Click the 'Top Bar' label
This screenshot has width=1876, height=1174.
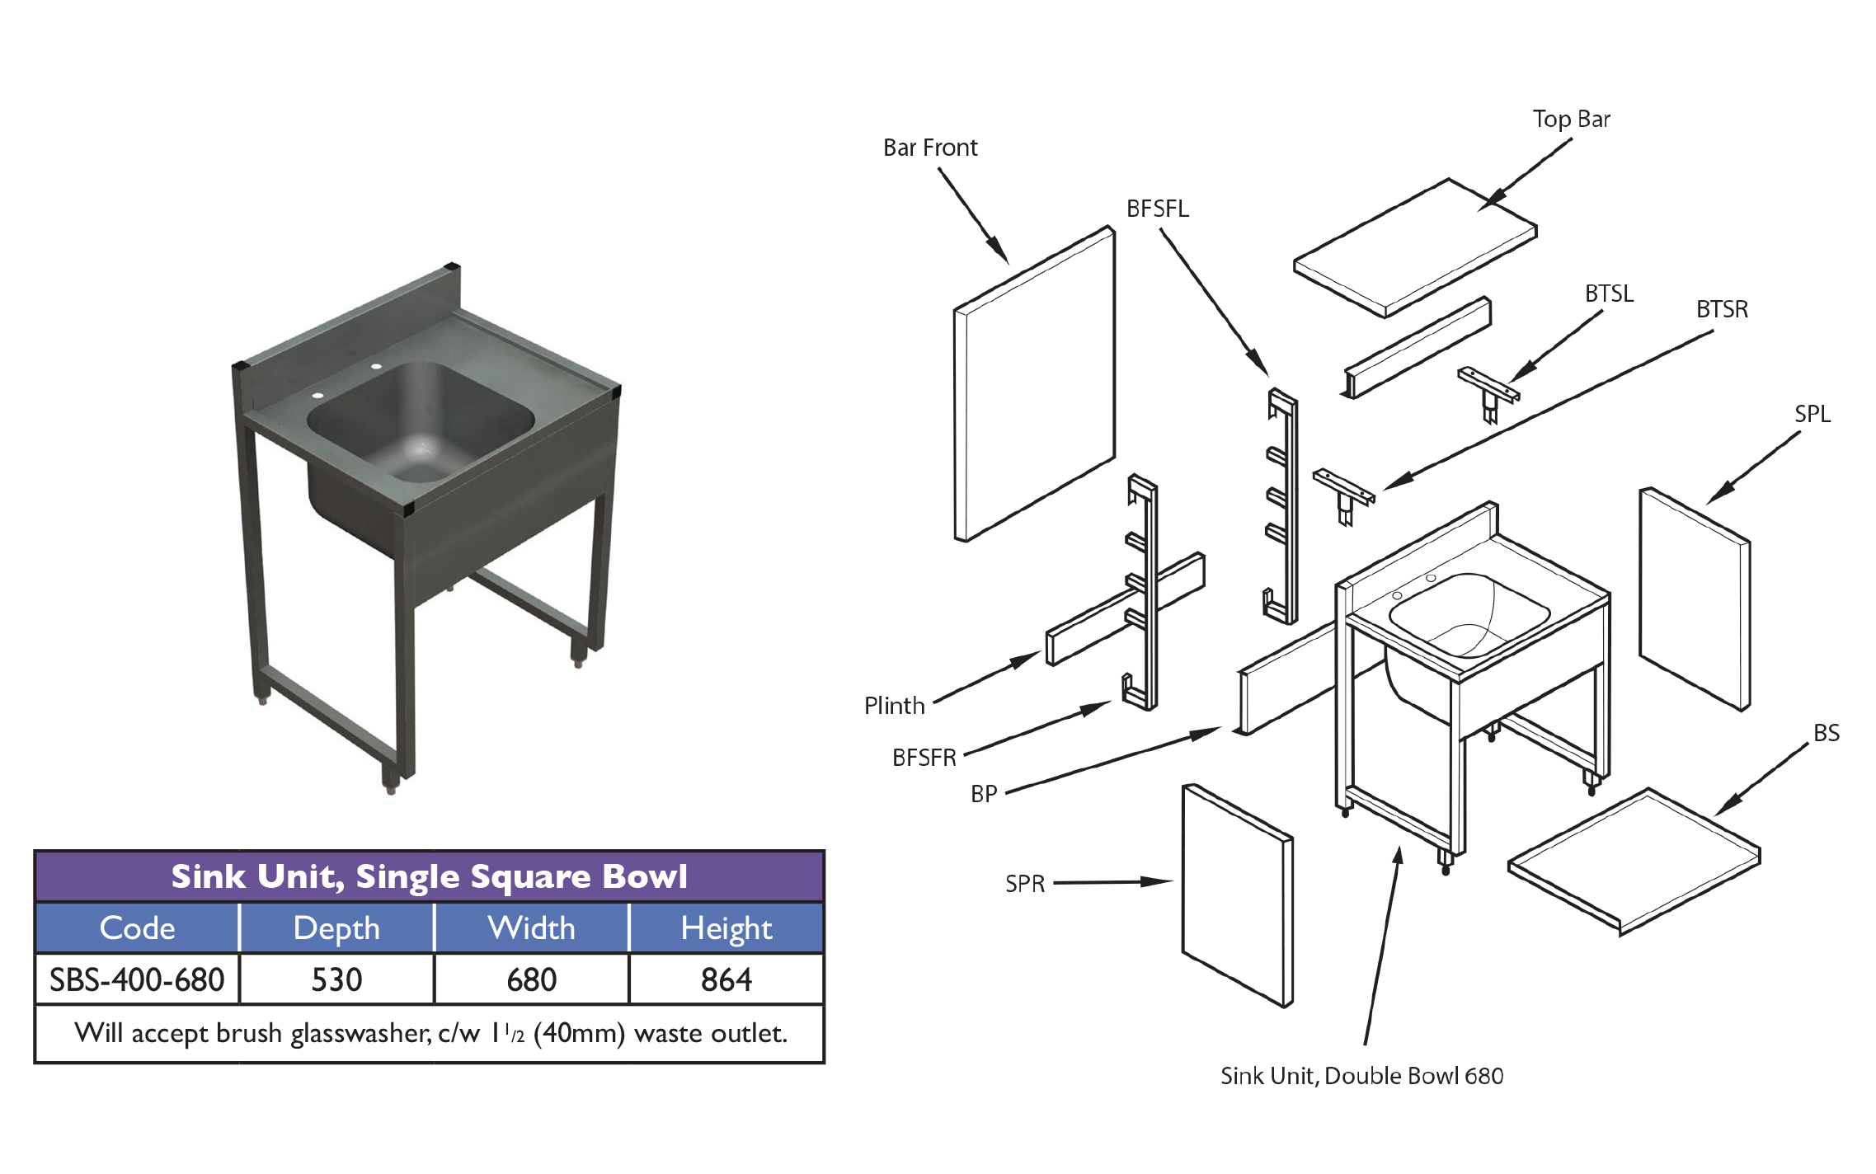tap(1571, 120)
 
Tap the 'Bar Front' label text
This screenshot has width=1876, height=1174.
tap(929, 148)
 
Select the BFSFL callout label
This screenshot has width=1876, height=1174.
tap(1157, 209)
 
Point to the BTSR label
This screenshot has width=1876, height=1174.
tap(1722, 310)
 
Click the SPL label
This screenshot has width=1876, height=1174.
tap(1812, 415)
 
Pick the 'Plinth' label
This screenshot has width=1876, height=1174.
tap(894, 707)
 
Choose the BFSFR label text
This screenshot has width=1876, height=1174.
tap(924, 758)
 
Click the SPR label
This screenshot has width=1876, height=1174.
tap(1024, 885)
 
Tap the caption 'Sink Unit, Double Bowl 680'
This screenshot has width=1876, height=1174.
tap(1361, 1077)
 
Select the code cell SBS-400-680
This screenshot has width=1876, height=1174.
tap(137, 980)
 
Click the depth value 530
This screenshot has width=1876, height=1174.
tap(336, 980)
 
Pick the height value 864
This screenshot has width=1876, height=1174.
tap(726, 980)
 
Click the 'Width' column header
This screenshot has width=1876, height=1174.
tap(531, 929)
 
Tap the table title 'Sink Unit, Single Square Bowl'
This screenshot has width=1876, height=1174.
tap(429, 877)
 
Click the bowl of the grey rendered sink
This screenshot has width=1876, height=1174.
tap(421, 420)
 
